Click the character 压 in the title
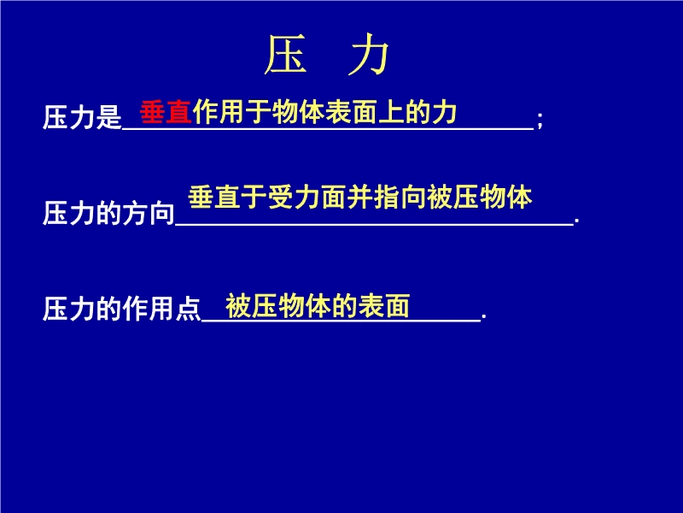point(285,55)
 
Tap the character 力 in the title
point(369,55)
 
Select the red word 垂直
point(166,112)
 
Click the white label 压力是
point(82,117)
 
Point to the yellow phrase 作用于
point(231,112)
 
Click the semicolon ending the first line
point(540,120)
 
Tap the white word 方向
point(148,213)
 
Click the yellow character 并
point(359,198)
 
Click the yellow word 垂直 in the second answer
point(214,198)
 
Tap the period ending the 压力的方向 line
point(577,222)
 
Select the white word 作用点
point(161,309)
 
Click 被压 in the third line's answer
point(251,306)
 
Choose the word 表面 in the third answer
point(383,306)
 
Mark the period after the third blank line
point(484,317)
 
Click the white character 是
point(108,117)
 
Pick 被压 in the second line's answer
point(452,198)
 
